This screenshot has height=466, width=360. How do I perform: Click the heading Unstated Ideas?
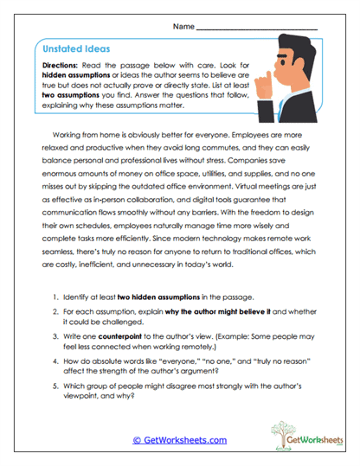click(73, 49)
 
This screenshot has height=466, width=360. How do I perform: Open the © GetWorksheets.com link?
click(179, 440)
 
